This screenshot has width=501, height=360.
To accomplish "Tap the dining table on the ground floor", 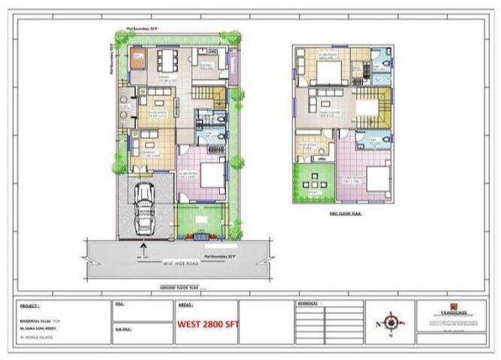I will (167, 58).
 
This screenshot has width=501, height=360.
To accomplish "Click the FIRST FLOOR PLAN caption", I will (346, 214).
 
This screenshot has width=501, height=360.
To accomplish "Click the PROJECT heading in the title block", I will (30, 306).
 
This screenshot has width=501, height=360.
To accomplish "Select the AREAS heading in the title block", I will (186, 306).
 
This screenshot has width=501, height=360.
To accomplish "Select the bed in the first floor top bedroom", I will (328, 71).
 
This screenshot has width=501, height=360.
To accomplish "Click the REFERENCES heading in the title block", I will (308, 304).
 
